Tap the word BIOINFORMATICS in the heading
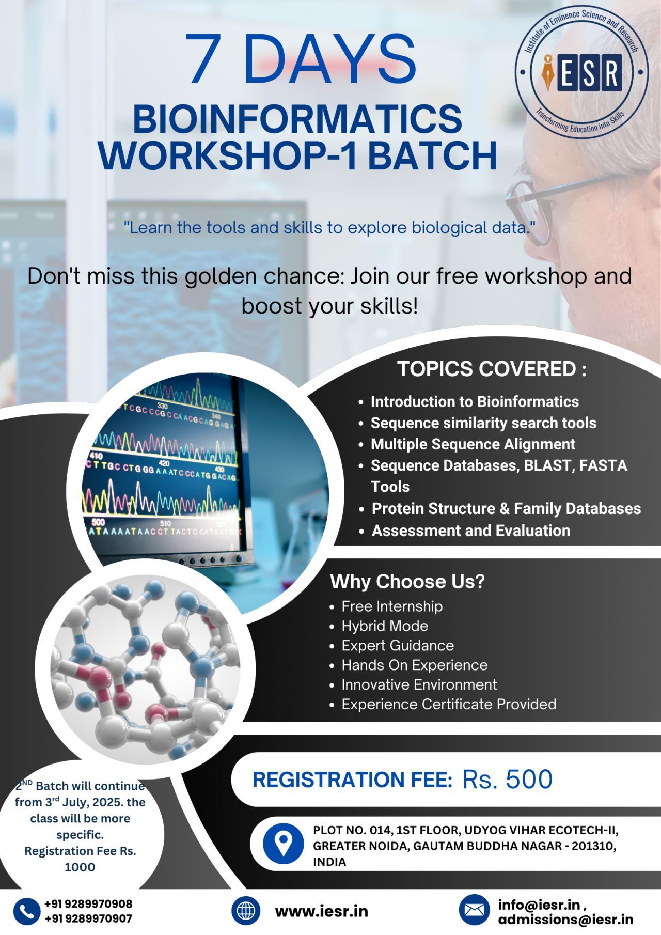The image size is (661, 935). pyautogui.click(x=297, y=119)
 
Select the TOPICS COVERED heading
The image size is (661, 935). pyautogui.click(x=491, y=369)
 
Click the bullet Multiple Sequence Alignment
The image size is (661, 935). pyautogui.click(x=473, y=444)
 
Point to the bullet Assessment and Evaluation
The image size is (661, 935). pyautogui.click(x=471, y=531)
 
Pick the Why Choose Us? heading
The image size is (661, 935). pyautogui.click(x=407, y=581)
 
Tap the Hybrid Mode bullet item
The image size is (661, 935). pyautogui.click(x=385, y=626)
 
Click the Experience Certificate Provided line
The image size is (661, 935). pyautogui.click(x=449, y=704)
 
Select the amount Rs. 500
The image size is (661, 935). pyautogui.click(x=507, y=779)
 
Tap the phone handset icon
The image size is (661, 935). pyautogui.click(x=27, y=911)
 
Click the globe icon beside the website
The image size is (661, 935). pyautogui.click(x=246, y=911)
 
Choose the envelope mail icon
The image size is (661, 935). pyautogui.click(x=474, y=910)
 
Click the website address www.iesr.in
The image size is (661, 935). pyautogui.click(x=321, y=911)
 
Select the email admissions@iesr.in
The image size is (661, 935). pyautogui.click(x=565, y=920)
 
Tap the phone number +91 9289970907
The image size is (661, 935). pyautogui.click(x=88, y=918)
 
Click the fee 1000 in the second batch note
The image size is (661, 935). pyautogui.click(x=80, y=867)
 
